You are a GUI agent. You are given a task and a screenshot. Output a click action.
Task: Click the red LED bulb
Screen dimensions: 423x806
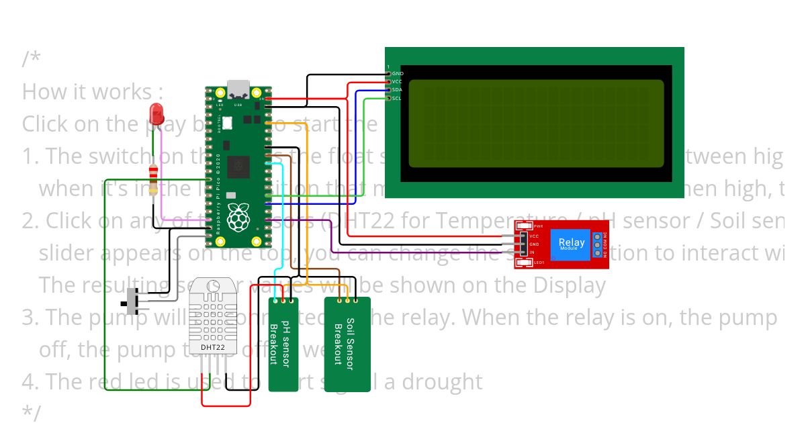[x=157, y=113]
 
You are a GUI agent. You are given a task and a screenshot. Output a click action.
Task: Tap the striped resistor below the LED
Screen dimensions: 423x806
[x=155, y=179]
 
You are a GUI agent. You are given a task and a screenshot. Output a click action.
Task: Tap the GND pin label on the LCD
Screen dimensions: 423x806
[x=398, y=73]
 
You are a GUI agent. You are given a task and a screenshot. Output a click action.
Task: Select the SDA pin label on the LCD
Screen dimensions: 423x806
[x=397, y=90]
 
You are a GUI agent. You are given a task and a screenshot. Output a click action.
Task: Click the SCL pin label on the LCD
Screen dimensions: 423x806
[x=397, y=99]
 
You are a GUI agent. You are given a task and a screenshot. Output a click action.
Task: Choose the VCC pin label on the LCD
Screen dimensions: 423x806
[x=397, y=81]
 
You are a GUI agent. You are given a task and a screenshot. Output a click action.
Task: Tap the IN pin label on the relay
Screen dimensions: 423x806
[x=532, y=252]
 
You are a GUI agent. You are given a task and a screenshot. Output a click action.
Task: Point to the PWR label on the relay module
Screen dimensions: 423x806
[x=538, y=226]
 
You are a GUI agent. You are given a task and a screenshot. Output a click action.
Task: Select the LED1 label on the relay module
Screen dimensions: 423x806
[x=538, y=263]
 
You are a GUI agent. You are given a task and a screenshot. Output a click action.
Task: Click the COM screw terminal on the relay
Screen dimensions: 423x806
[x=596, y=244]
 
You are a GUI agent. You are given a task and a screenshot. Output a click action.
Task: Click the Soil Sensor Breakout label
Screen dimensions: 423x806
[x=347, y=344]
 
